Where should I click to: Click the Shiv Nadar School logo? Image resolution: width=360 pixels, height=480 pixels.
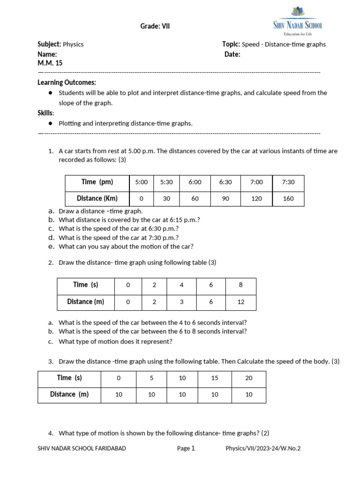pyautogui.click(x=298, y=21)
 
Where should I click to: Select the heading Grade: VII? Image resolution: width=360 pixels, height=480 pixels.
pyautogui.click(x=155, y=26)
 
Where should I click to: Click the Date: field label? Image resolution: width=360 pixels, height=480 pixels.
pyautogui.click(x=232, y=54)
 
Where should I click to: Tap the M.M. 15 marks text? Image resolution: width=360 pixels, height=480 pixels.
pyautogui.click(x=50, y=63)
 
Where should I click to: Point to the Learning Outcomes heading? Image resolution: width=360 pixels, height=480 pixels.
pyautogui.click(x=67, y=82)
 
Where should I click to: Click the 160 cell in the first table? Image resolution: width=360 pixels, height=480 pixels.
pyautogui.click(x=288, y=198)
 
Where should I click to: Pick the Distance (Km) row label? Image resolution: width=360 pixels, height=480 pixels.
pyautogui.click(x=97, y=198)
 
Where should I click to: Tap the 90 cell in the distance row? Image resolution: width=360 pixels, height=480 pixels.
pyautogui.click(x=225, y=198)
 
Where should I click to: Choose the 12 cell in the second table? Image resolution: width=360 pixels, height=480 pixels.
pyautogui.click(x=241, y=302)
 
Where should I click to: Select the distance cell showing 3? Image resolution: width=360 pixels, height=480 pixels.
pyautogui.click(x=181, y=302)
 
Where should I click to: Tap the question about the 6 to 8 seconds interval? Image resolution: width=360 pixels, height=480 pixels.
pyautogui.click(x=153, y=331)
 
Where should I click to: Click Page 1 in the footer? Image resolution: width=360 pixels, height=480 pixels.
pyautogui.click(x=186, y=448)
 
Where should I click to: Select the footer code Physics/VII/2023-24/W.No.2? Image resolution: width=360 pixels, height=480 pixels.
pyautogui.click(x=263, y=448)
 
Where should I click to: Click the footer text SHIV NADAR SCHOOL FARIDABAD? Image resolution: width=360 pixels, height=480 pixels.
pyautogui.click(x=82, y=448)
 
